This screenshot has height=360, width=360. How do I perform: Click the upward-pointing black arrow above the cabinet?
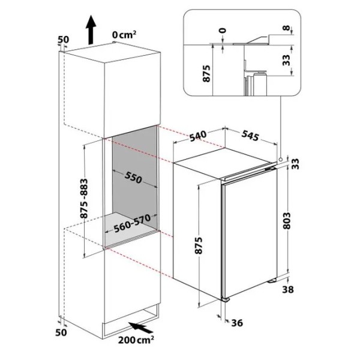tap(91, 29)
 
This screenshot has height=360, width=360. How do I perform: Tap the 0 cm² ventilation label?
tap(124, 35)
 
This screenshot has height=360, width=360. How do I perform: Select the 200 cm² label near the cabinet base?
tap(136, 340)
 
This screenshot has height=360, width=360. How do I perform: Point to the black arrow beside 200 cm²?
tap(140, 328)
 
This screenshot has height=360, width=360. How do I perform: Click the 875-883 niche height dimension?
tap(84, 199)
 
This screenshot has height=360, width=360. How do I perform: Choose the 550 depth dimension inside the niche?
tap(133, 178)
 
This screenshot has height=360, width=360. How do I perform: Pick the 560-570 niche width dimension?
tap(132, 223)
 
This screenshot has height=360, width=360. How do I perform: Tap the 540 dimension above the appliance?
tap(198, 136)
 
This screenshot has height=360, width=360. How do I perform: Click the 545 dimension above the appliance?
tap(250, 135)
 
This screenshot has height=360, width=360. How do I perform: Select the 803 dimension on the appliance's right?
tap(287, 221)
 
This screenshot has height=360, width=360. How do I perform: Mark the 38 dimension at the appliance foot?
tap(288, 290)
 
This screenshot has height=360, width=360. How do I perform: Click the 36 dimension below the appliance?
tap(237, 323)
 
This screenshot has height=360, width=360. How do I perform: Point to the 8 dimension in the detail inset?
tap(286, 28)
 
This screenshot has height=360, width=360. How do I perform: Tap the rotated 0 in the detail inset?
tap(223, 31)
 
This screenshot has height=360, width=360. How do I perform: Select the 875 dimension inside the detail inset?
tap(206, 74)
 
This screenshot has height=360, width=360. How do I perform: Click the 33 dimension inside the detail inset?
tap(286, 60)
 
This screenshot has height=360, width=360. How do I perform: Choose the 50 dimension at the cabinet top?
tap(63, 40)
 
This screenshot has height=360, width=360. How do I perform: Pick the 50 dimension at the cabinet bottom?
tap(61, 332)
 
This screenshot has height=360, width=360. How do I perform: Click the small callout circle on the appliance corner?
tap(280, 159)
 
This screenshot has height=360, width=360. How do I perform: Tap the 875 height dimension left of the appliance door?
tap(199, 245)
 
